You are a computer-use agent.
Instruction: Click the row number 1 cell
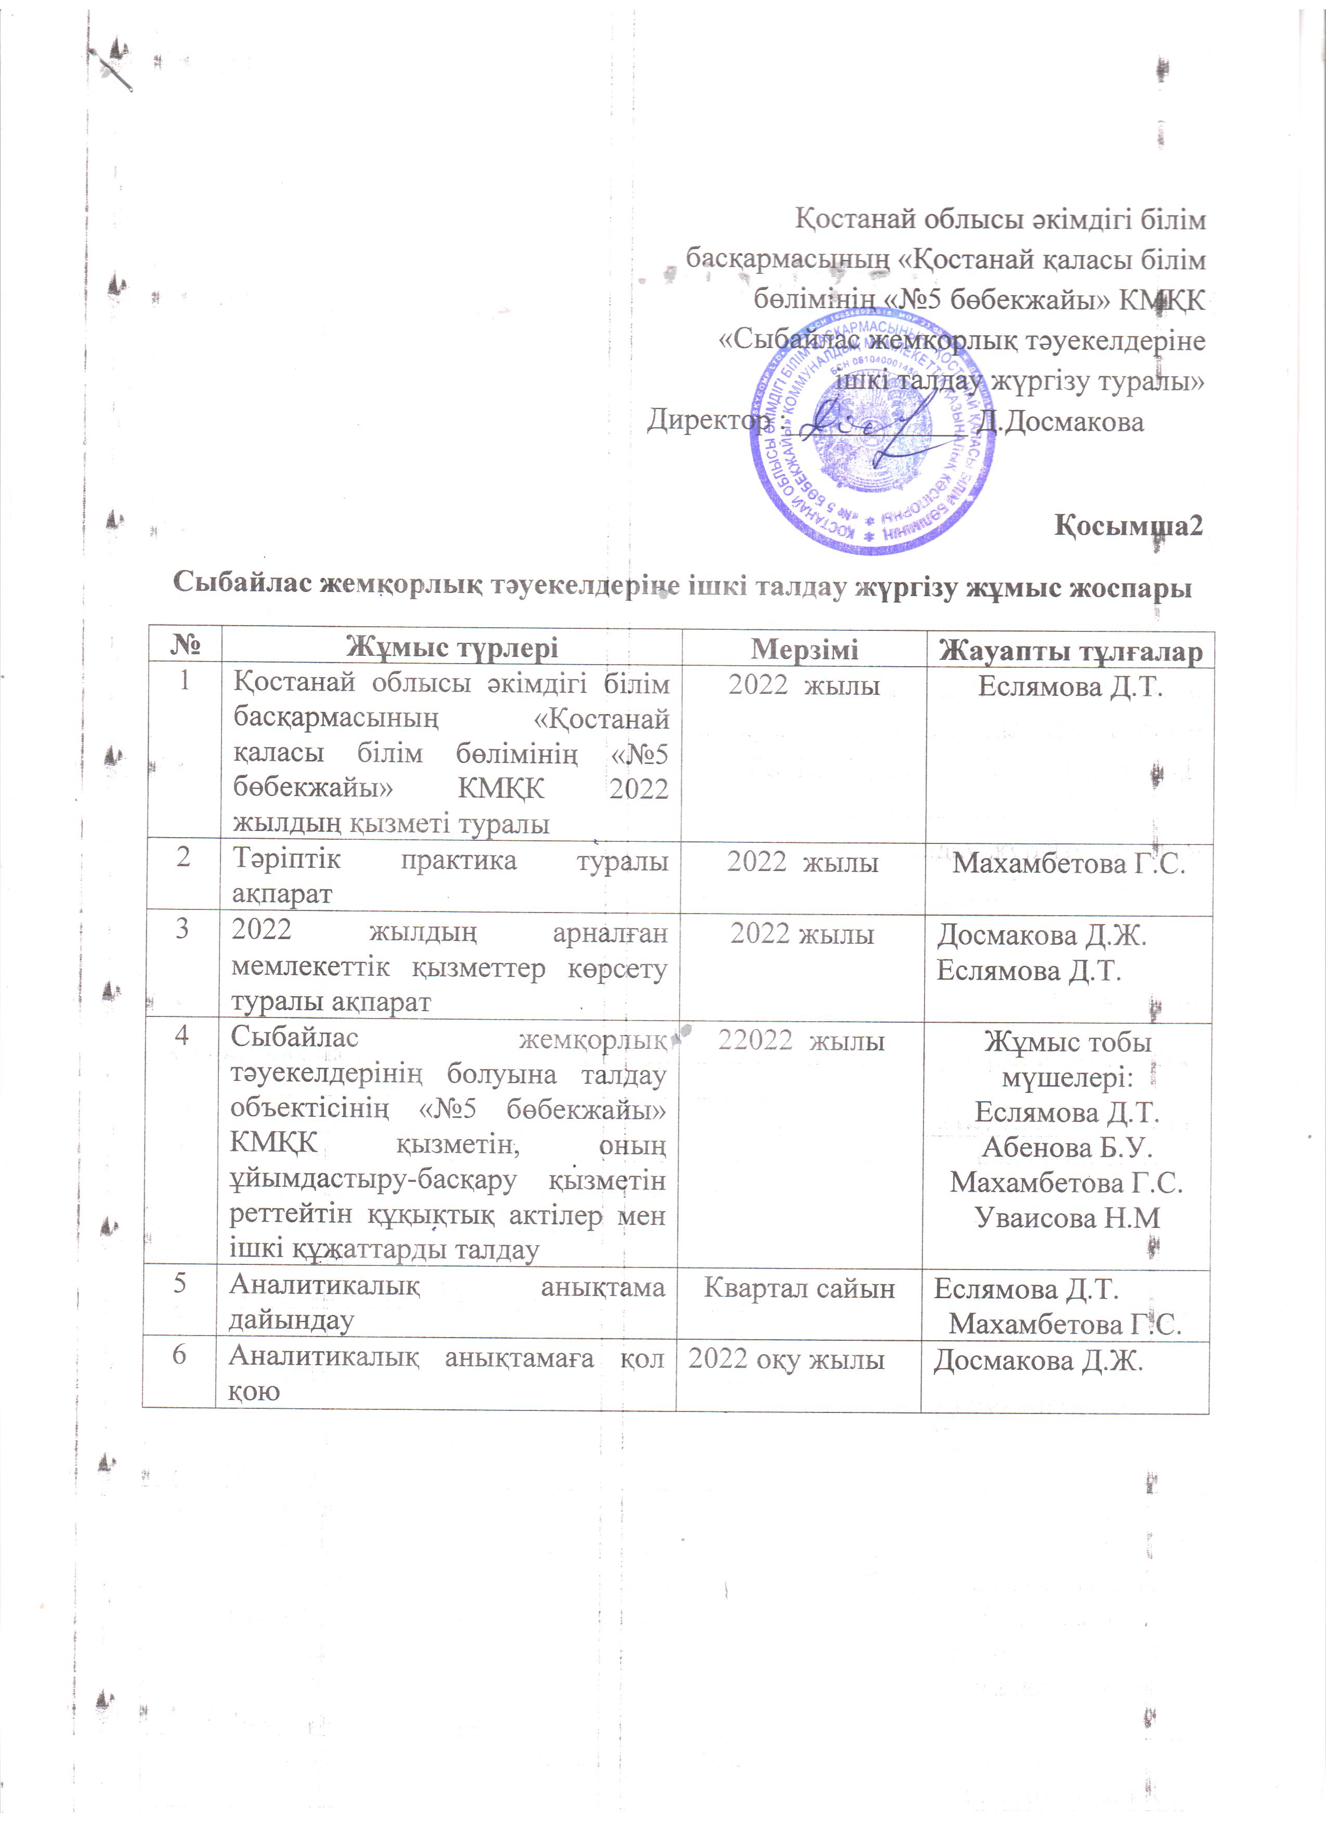[184, 682]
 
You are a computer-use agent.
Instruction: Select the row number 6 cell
[179, 1355]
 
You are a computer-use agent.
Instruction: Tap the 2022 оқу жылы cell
[786, 1359]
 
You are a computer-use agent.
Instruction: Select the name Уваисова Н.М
[1067, 1219]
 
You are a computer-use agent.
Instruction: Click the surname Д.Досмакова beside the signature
[1060, 421]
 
